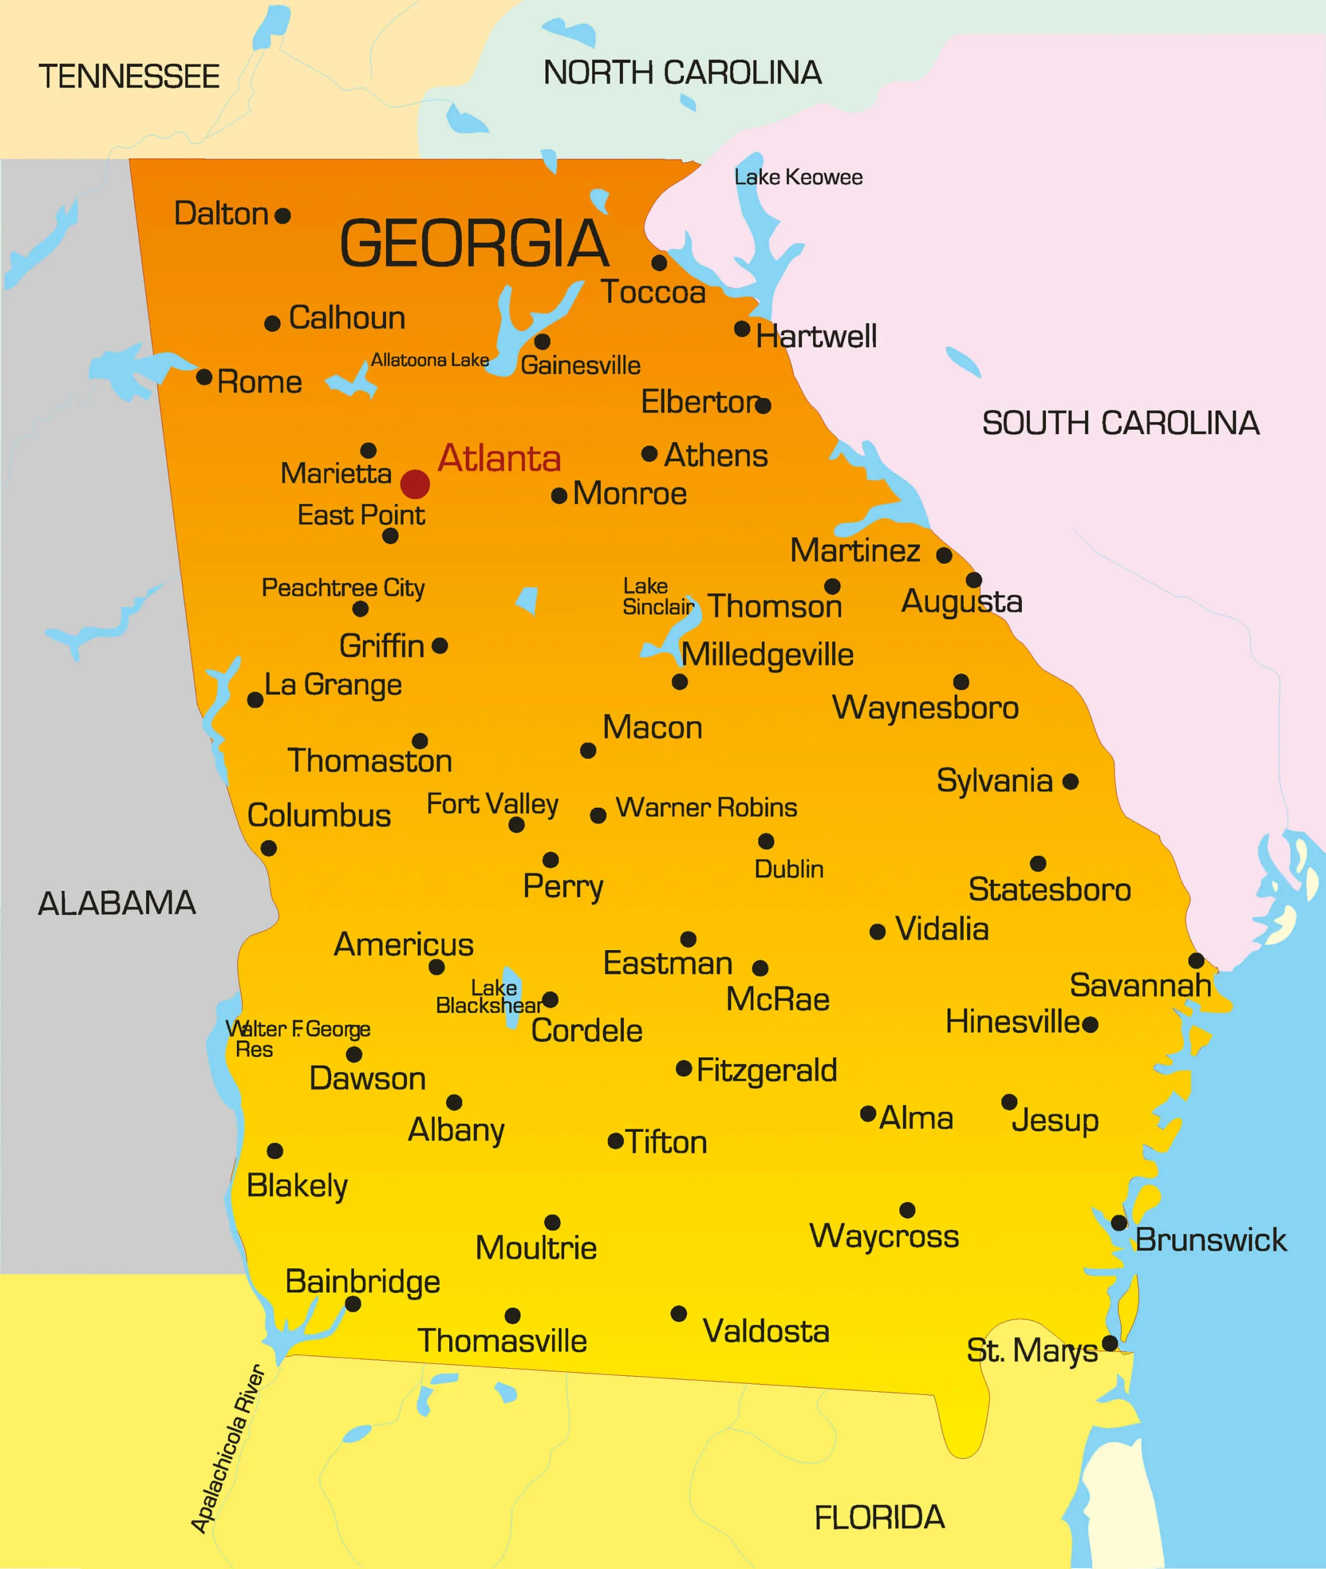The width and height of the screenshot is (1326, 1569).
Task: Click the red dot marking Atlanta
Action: pos(415,484)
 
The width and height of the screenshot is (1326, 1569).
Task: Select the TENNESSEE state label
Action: pos(129,77)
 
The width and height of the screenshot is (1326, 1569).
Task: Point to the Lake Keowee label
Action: pos(798,177)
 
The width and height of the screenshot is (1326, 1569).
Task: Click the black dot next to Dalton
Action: pos(282,216)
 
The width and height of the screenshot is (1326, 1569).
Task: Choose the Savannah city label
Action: pos(1140,986)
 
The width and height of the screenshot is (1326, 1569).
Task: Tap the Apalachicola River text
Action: pos(227,1448)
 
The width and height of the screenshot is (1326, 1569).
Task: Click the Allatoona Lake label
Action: pos(430,360)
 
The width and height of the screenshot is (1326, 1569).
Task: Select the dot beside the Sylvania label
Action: pos(1070,782)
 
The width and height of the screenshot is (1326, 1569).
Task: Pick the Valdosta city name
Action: pos(766,1331)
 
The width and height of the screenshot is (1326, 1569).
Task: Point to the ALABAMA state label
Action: pos(117,903)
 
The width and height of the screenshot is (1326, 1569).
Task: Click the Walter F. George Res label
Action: pos(298,1038)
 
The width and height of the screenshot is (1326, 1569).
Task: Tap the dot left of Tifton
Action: pos(616,1141)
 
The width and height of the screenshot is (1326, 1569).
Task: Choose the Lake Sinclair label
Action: pos(657,596)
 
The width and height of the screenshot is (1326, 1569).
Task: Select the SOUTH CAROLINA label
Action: pos(1120,424)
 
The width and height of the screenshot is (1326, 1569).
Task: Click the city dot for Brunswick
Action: pos(1118,1223)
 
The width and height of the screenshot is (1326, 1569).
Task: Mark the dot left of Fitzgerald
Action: pos(684,1068)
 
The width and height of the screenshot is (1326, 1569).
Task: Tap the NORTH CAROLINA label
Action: pos(683,73)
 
